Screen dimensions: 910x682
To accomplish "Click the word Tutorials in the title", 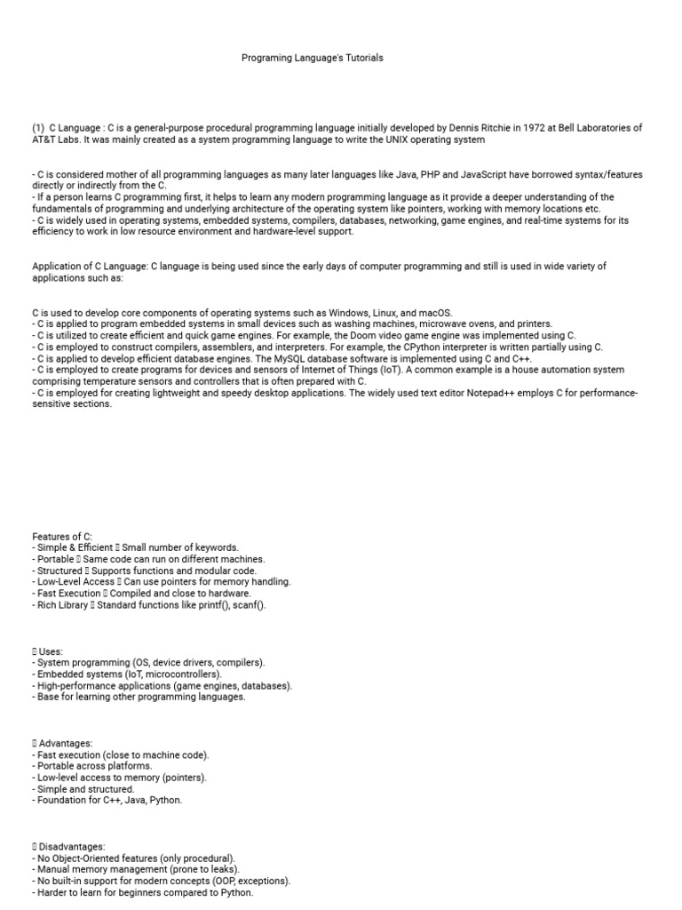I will click(x=365, y=58).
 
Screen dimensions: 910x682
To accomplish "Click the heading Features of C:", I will click(x=61, y=536).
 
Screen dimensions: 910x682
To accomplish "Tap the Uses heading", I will click(x=51, y=651).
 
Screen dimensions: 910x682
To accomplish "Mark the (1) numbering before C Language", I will click(x=38, y=128).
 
